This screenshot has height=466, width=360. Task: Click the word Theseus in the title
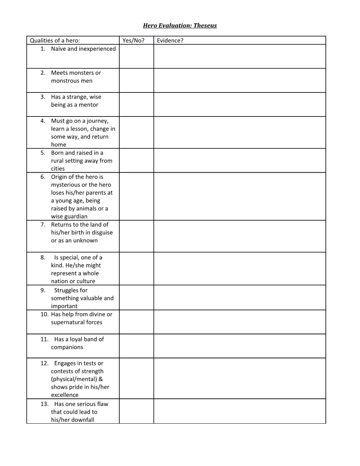coord(205,25)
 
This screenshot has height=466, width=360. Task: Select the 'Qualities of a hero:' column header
coord(55,40)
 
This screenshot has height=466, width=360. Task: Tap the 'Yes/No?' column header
coord(133,40)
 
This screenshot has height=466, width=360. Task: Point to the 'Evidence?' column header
coord(170,40)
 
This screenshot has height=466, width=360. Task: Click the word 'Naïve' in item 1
coord(58,49)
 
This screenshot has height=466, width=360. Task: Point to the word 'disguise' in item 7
coord(101,232)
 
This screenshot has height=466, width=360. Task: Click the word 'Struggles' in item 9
coord(71,290)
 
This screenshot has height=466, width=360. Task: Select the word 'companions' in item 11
coord(67,347)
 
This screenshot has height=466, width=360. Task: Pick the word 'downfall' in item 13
coord(83,420)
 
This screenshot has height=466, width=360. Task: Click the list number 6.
coord(43,177)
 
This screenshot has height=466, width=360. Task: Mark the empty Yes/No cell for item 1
coord(136,56)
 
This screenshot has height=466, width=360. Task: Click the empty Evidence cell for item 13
coord(239,411)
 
